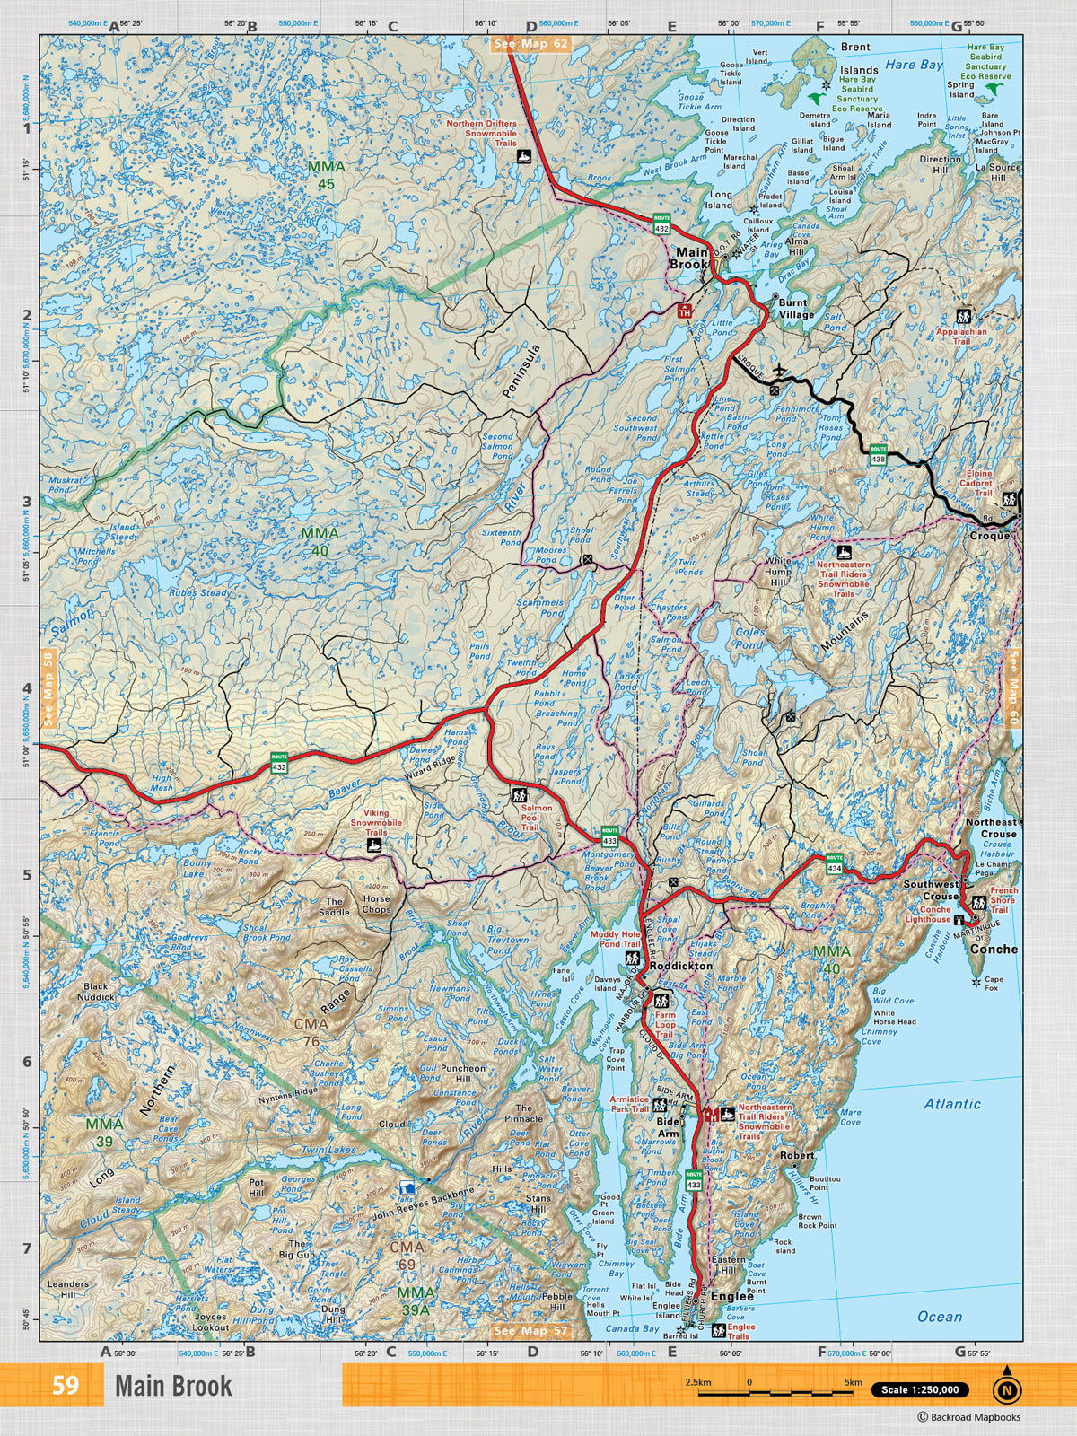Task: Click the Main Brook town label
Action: click(692, 258)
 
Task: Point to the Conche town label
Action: click(994, 949)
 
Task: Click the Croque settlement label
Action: click(990, 536)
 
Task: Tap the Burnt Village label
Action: click(796, 309)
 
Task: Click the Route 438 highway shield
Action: click(877, 455)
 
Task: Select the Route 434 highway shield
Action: click(835, 863)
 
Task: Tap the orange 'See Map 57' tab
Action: click(531, 1330)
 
